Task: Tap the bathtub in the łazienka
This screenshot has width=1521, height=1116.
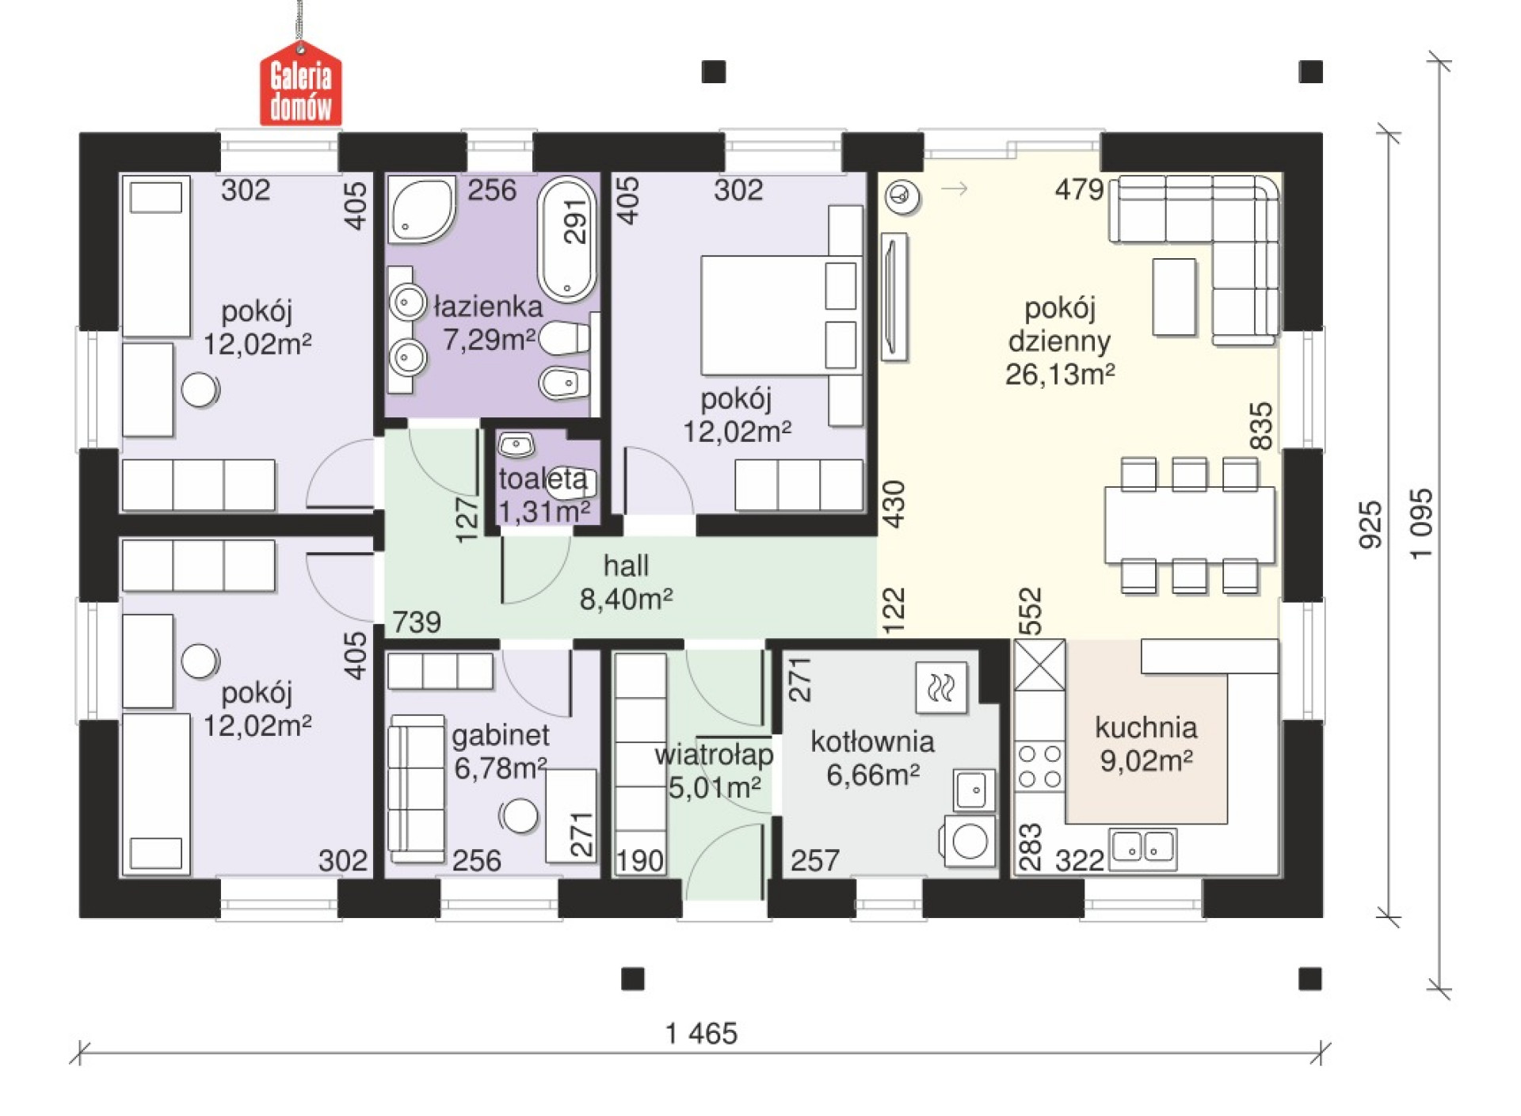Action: point(567,239)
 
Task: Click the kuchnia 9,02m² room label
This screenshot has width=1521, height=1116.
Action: point(1146,744)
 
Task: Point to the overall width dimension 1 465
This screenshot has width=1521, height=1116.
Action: point(702,1034)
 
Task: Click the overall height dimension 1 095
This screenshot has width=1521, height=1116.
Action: point(1422,524)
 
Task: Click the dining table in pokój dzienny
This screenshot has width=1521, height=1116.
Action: point(1190,525)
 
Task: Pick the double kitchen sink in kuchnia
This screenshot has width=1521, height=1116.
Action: point(1143,848)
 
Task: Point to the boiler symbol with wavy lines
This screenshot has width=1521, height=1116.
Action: point(941,688)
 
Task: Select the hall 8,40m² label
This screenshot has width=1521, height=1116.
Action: point(626,582)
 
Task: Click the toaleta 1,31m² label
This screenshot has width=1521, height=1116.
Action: point(543,495)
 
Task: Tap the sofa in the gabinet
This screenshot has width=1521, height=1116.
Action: point(417,789)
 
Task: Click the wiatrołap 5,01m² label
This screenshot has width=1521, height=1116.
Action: point(715,771)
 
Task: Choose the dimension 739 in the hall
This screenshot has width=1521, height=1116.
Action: point(417,623)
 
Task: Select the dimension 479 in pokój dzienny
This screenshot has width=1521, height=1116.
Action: point(1079,190)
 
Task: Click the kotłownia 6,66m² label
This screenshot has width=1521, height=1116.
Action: point(873,758)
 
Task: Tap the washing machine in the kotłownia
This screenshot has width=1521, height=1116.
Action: point(968,840)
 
